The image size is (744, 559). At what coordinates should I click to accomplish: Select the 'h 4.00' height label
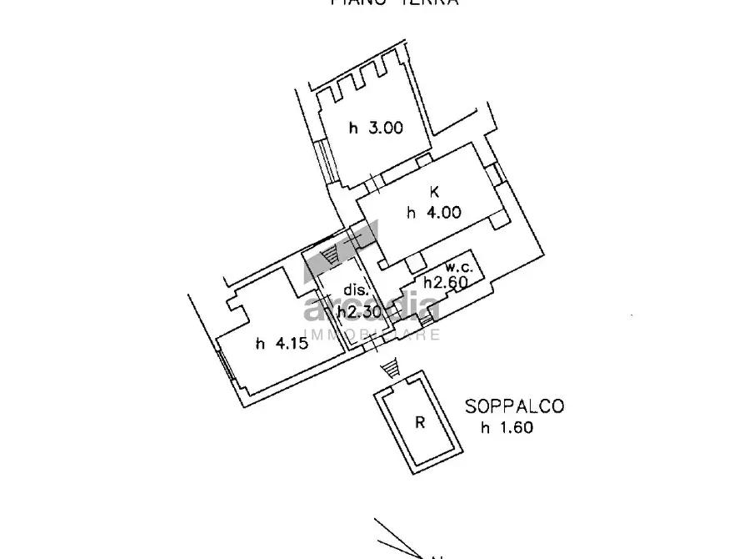[433, 213]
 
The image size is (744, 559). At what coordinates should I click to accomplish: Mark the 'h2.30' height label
[359, 311]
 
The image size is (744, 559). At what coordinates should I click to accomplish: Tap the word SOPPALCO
[514, 407]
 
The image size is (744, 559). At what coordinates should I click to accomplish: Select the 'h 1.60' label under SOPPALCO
[506, 429]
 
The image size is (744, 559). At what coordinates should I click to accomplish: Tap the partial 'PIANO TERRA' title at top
[395, 3]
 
